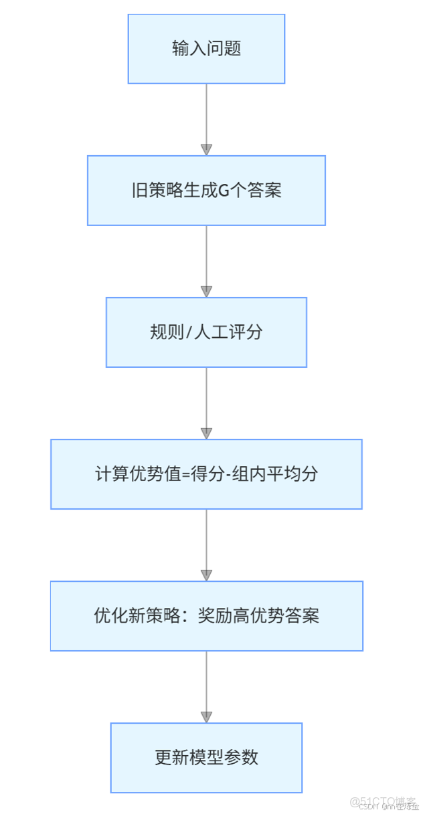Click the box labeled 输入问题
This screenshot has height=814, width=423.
click(x=206, y=49)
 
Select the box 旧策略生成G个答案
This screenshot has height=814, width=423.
click(x=206, y=191)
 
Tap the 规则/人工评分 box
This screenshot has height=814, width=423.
click(x=206, y=332)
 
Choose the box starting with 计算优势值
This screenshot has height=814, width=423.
click(x=206, y=474)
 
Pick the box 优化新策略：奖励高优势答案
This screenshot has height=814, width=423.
click(x=206, y=616)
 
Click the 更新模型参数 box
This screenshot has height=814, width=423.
click(x=206, y=758)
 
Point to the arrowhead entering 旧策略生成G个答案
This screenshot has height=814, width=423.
click(x=206, y=150)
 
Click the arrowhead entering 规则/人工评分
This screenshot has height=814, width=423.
click(x=206, y=292)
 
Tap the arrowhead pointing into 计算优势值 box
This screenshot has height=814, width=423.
click(x=206, y=433)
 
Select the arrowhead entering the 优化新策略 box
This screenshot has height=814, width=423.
click(x=206, y=575)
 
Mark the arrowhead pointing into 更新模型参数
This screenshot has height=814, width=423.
click(x=206, y=717)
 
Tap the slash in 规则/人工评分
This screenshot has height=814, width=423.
click(x=189, y=332)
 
